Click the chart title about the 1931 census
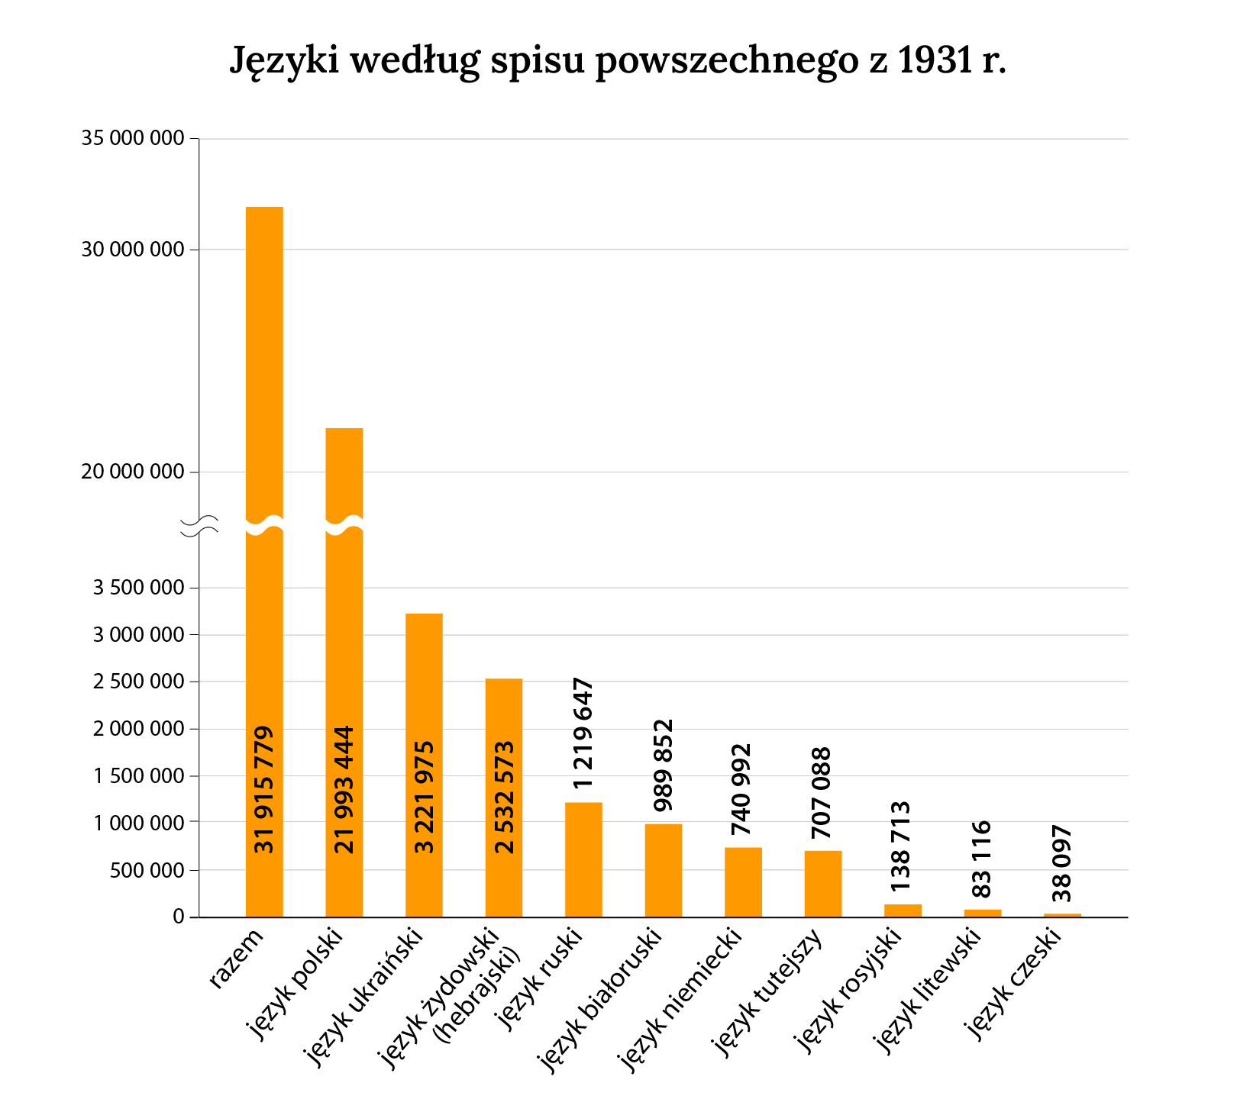(x=618, y=61)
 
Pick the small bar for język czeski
(x=1062, y=914)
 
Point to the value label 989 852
(x=664, y=765)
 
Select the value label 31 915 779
(x=264, y=790)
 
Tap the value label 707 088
(x=823, y=792)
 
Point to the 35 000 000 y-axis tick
(x=133, y=138)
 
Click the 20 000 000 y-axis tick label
(x=133, y=472)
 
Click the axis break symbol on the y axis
(x=199, y=526)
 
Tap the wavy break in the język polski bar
(x=344, y=526)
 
